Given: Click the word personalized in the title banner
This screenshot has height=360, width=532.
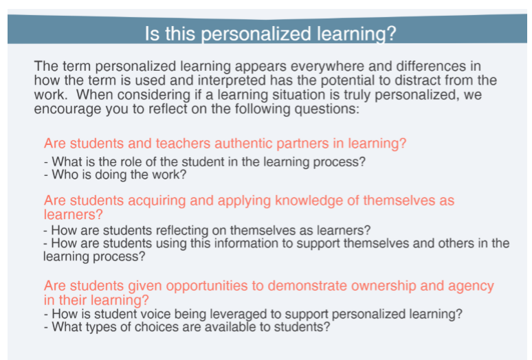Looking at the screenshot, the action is [x=256, y=34].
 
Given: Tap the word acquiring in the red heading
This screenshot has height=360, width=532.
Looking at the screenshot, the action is [x=157, y=201].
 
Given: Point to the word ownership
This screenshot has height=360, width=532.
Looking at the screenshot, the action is [x=384, y=286].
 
